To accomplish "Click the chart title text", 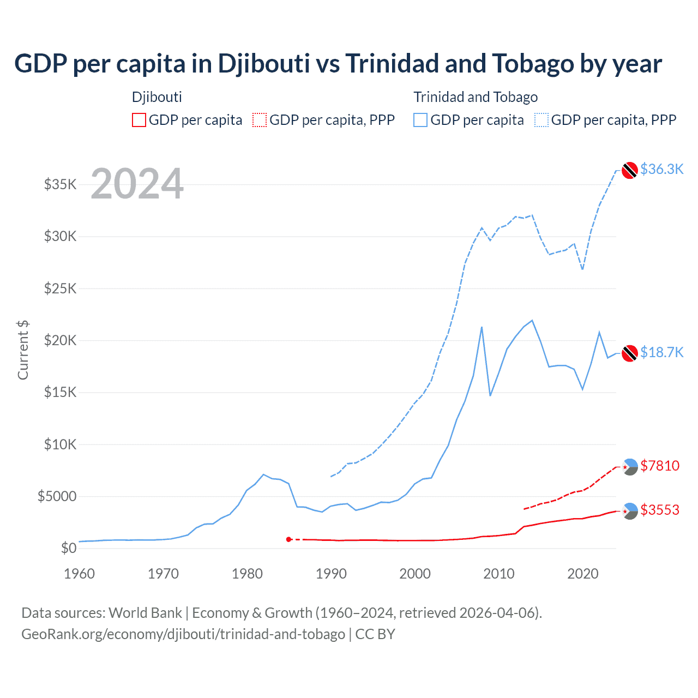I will point(338,64).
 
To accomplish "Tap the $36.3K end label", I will point(661,170).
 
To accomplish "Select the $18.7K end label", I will point(661,353).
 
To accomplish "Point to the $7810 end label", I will point(660,466).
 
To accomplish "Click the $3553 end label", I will point(660,510).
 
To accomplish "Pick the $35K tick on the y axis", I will point(61,184).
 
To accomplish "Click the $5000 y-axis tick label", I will point(57,497).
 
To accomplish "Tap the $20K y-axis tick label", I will point(61,341).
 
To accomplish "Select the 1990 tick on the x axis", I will point(331,574).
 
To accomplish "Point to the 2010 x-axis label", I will point(499,574).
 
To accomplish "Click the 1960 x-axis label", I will point(80,574).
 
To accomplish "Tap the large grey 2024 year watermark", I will point(137,184).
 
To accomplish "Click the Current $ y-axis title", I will point(23,350).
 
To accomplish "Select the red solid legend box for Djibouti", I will point(139,120).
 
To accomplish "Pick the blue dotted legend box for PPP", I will point(541,120).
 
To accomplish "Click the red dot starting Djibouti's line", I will point(288,539).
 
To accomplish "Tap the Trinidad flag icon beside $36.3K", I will point(630,170).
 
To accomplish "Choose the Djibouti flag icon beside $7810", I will point(630,467).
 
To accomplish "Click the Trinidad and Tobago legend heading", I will point(476,97).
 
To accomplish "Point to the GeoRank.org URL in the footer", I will point(183,634).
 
